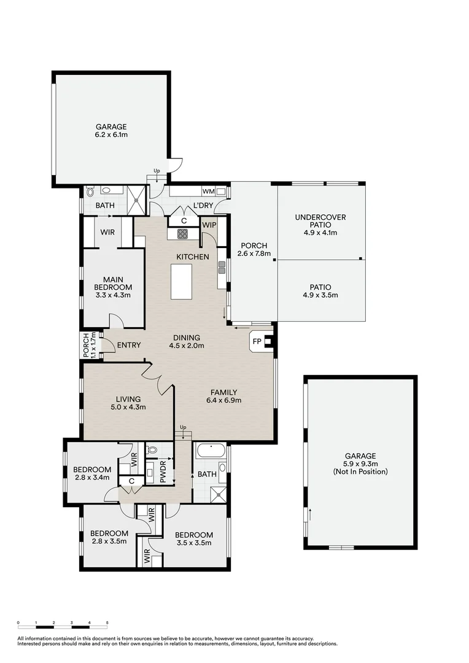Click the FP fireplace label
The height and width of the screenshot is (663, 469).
pos(255,341)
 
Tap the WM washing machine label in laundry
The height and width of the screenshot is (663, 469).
pos(208,192)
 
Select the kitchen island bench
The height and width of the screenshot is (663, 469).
pos(181,281)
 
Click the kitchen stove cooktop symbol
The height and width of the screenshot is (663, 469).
pos(182,233)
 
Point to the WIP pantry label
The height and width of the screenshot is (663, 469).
pos(209,225)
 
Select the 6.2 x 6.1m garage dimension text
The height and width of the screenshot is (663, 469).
pos(110,134)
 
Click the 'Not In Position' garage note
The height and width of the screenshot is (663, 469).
pos(360,471)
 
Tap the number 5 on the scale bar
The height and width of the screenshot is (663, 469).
pos(107,622)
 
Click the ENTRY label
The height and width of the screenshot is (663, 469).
pos(129,345)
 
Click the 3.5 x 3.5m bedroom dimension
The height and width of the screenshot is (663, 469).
pos(193,543)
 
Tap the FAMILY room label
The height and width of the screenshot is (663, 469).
pos(223,392)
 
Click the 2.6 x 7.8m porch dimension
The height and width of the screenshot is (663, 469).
pos(254,253)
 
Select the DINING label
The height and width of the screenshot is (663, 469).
pos(187,337)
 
